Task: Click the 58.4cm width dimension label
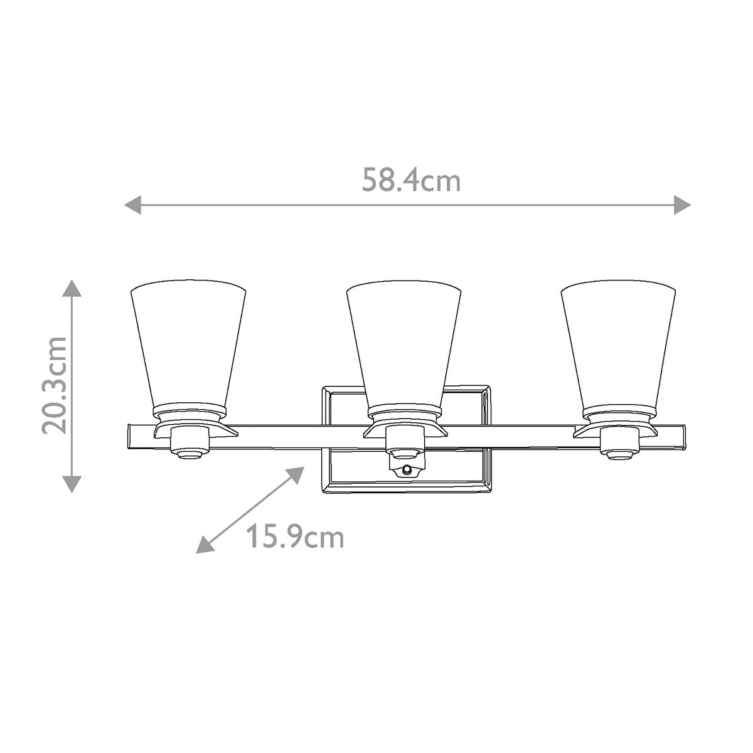[411, 181]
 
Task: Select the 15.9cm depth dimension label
[294, 537]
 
